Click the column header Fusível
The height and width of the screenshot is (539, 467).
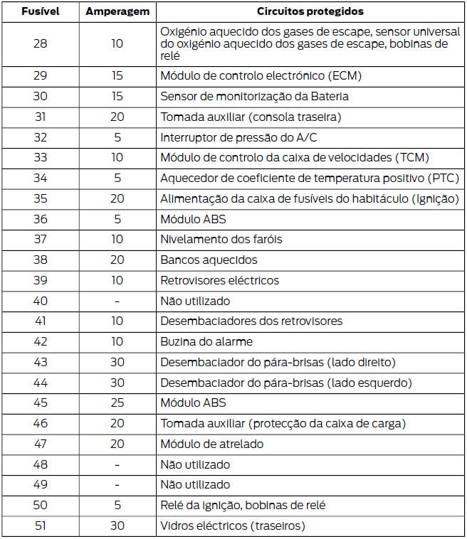(x=40, y=12)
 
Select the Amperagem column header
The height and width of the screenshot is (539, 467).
(x=117, y=12)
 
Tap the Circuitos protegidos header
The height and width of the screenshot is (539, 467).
(x=310, y=12)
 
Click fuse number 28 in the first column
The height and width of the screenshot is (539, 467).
(x=40, y=44)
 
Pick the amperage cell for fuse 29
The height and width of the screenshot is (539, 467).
(x=117, y=75)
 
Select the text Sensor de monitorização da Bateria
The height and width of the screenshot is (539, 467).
(x=254, y=96)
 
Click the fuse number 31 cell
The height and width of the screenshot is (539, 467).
(x=40, y=117)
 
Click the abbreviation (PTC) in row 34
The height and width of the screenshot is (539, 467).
(x=444, y=178)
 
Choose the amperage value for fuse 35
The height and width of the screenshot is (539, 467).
(x=117, y=199)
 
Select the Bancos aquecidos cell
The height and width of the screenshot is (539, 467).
(x=209, y=260)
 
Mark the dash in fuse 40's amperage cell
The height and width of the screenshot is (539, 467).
(x=117, y=301)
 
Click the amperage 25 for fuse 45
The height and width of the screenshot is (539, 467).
(x=117, y=403)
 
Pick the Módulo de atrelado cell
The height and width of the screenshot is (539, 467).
(x=211, y=444)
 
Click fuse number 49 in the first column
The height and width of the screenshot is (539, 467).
(x=40, y=485)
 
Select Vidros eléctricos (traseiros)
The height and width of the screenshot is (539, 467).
(x=233, y=526)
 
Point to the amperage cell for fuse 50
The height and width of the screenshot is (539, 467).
(x=117, y=506)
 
